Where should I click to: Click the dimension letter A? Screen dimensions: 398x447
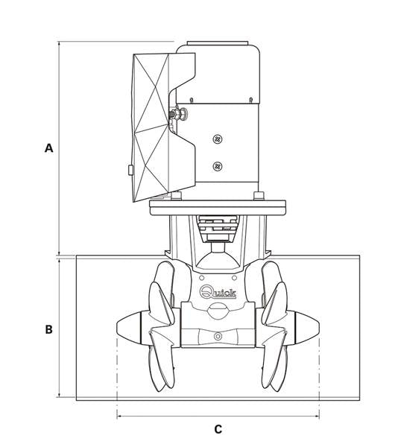click(48, 148)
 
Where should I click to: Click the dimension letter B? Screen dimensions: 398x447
click(48, 329)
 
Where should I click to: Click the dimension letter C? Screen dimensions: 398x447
click(218, 429)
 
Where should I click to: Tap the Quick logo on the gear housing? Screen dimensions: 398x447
click(218, 292)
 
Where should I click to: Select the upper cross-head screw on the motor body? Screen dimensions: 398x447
click(218, 139)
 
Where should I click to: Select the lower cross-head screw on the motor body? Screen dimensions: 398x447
click(218, 166)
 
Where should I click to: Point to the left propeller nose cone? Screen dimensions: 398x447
click(129, 327)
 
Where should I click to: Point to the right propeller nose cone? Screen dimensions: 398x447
click(307, 327)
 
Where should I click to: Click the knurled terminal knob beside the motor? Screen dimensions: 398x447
click(179, 114)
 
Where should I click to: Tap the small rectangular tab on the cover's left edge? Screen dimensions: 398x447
click(130, 170)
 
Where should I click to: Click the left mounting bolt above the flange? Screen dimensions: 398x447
click(177, 196)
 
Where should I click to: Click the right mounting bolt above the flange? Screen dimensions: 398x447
click(259, 196)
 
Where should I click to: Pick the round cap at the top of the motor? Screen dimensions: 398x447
click(218, 43)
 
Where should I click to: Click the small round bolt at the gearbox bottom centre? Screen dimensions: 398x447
click(218, 337)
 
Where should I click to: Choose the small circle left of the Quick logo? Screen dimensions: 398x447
click(201, 278)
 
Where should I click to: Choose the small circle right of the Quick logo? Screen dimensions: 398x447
click(234, 278)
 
